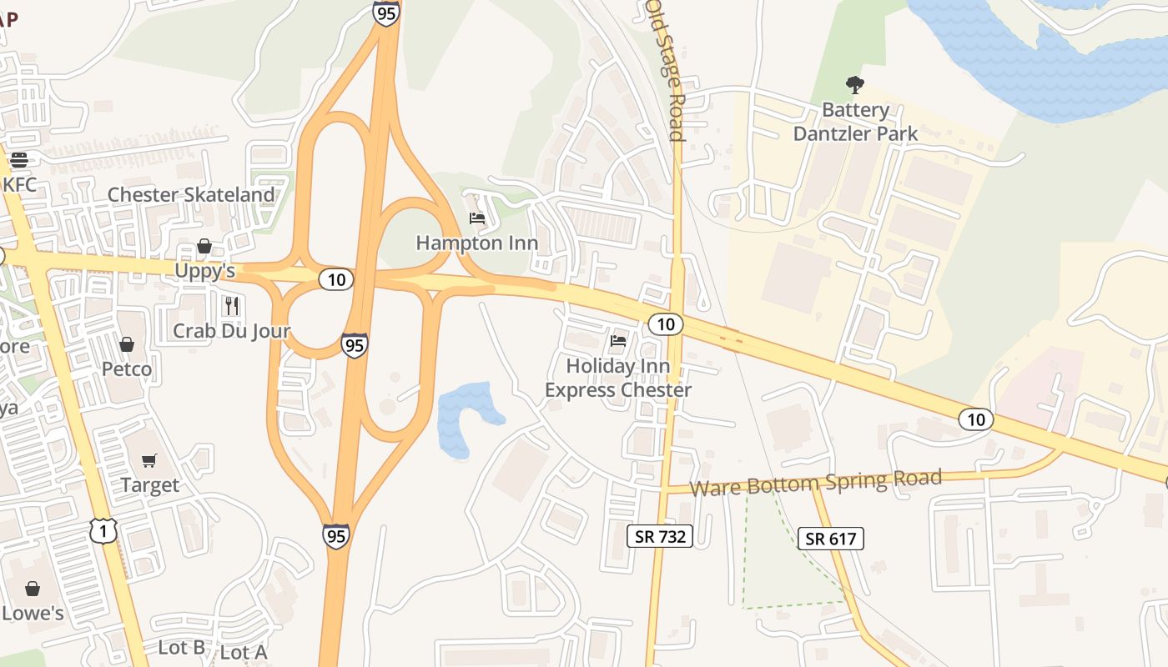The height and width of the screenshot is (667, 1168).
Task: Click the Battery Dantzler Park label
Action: click(855, 122)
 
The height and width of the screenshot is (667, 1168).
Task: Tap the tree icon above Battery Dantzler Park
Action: click(854, 84)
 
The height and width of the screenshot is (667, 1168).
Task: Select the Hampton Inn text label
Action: click(477, 243)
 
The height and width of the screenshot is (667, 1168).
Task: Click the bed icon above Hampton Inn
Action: click(477, 218)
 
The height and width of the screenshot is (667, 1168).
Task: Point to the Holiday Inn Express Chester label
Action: click(618, 378)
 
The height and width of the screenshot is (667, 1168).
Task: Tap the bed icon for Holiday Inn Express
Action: click(618, 340)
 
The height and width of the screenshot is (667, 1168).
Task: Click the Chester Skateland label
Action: click(191, 195)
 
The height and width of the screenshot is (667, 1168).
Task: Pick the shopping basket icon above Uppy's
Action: click(204, 246)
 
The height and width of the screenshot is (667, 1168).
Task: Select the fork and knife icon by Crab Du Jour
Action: click(232, 306)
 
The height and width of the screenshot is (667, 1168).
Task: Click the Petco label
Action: click(127, 369)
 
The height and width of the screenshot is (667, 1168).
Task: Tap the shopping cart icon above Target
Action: click(149, 460)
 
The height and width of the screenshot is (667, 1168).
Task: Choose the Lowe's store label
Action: click(33, 614)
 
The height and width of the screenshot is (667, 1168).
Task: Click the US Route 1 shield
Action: click(103, 529)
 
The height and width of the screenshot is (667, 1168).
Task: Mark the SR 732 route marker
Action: click(660, 536)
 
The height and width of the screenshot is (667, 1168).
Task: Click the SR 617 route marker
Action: click(830, 539)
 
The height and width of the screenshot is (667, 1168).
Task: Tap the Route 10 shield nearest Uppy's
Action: click(336, 279)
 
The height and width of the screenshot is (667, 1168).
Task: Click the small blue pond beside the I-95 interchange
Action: click(464, 417)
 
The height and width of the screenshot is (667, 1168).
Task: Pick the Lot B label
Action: click(181, 647)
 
